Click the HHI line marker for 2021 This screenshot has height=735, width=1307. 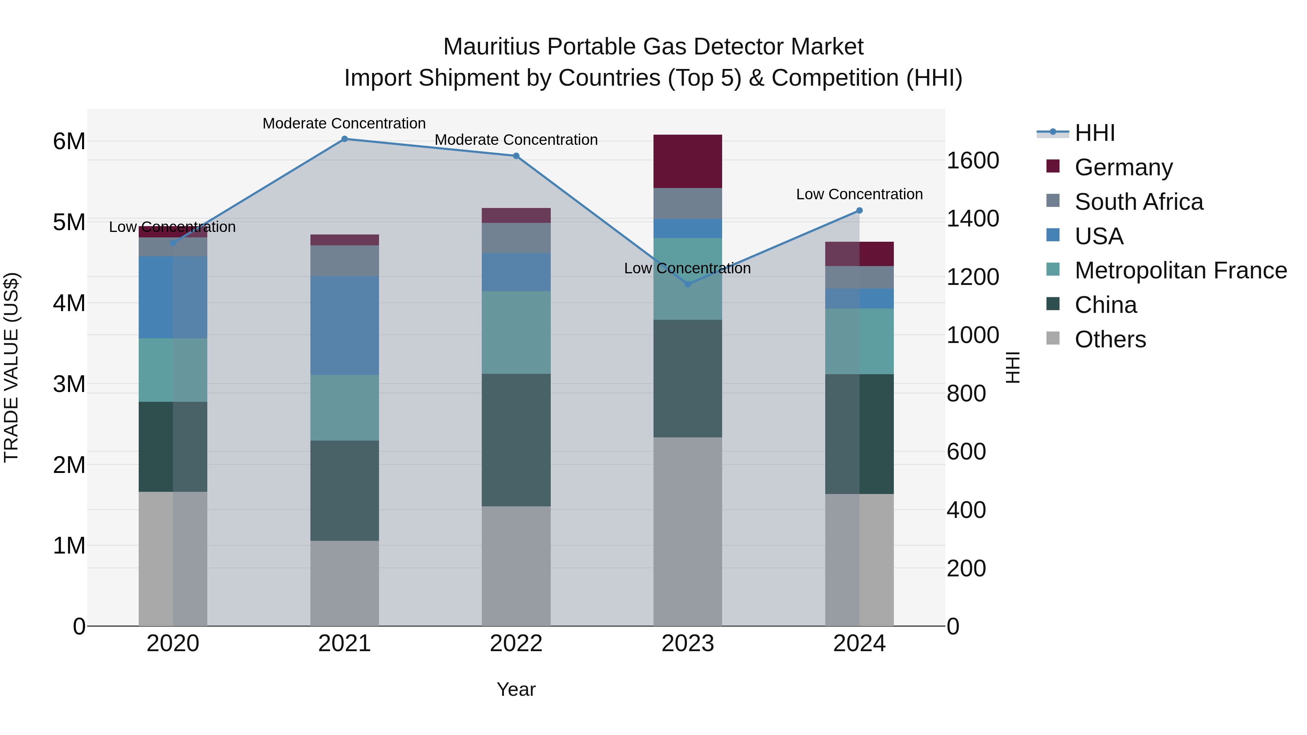coord(345,139)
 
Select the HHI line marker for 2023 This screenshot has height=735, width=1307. coord(688,284)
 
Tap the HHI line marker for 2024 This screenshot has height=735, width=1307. coord(859,211)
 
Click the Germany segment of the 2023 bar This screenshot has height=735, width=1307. coord(688,161)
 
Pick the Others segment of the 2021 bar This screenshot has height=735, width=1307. coord(345,583)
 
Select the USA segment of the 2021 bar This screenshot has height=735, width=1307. coord(345,325)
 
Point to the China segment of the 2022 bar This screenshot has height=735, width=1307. coord(516,440)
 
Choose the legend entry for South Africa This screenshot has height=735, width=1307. coord(1139,202)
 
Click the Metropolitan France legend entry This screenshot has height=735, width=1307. coord(1180,270)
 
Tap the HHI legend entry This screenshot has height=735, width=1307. coord(1094,133)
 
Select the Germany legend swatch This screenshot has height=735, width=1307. coord(1053,166)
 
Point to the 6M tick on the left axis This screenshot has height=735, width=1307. coord(69,142)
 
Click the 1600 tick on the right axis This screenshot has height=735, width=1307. coord(973,161)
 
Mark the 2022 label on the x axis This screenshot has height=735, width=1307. coord(516,644)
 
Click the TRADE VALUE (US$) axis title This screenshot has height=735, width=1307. coord(11,367)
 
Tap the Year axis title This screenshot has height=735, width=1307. coord(516,689)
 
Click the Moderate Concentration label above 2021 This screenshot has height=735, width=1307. coord(344,123)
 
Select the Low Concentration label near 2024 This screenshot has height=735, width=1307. coord(859,194)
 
